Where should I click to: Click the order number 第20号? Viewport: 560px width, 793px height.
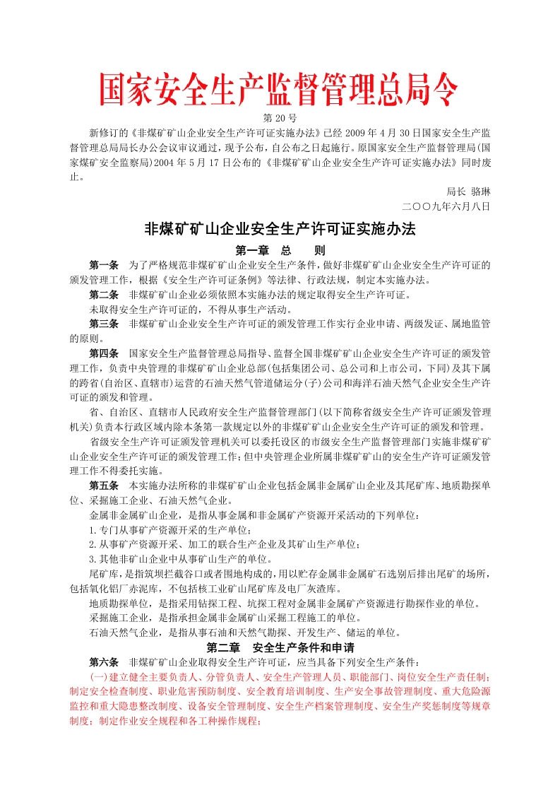click(280, 117)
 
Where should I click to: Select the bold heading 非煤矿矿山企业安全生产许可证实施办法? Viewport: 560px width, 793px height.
click(280, 229)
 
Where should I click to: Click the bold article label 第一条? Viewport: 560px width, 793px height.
click(104, 265)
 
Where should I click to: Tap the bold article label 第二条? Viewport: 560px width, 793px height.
click(104, 294)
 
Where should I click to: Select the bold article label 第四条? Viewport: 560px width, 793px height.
click(104, 353)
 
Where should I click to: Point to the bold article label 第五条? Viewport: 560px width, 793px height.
click(104, 486)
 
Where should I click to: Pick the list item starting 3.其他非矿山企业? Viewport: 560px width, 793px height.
click(162, 558)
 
